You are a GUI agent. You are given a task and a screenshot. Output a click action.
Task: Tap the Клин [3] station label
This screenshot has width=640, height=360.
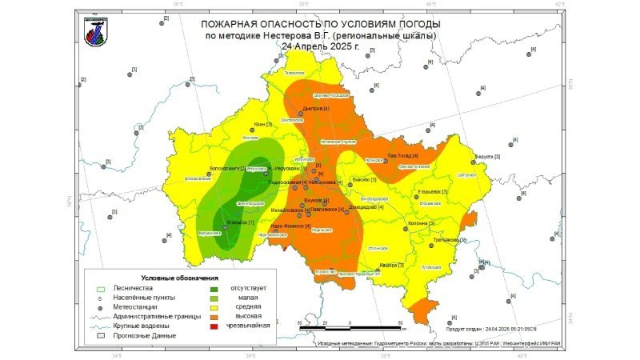click(262, 125)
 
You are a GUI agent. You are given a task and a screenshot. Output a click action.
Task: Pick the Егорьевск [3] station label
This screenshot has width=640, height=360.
click(432, 192)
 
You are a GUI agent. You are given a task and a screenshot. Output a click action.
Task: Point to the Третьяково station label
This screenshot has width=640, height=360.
click(449, 240)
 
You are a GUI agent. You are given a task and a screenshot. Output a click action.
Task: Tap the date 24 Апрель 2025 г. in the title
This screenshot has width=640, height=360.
click(320, 46)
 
